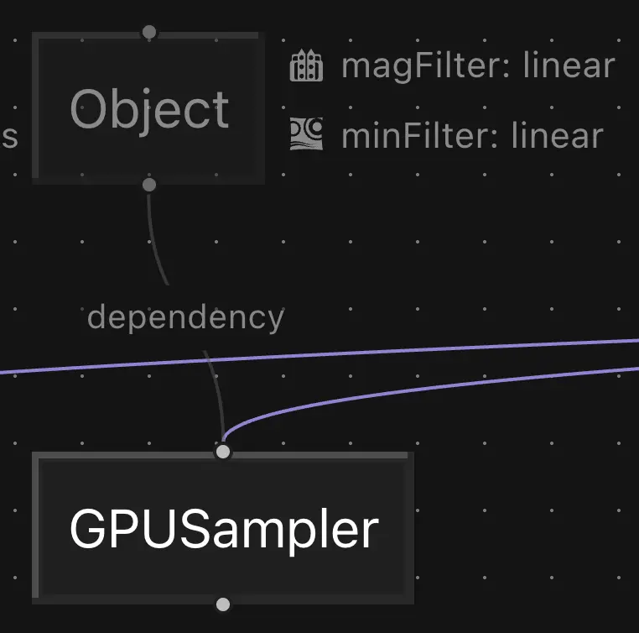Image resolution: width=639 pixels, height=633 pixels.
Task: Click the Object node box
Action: [148, 107]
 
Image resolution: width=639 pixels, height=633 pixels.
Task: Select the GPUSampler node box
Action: [222, 528]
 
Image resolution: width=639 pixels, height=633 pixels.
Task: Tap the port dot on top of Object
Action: [149, 33]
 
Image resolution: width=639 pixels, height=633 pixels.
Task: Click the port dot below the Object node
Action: [148, 185]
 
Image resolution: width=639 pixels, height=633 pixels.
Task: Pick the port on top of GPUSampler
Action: [222, 452]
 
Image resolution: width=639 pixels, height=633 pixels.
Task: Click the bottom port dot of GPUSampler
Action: [222, 604]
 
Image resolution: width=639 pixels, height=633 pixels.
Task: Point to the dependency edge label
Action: [185, 318]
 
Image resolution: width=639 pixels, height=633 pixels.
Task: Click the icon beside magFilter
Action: [306, 65]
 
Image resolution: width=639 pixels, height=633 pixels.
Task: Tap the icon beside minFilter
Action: [306, 134]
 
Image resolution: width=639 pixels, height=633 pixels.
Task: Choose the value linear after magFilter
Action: [569, 65]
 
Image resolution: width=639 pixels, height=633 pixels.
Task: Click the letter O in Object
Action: [89, 109]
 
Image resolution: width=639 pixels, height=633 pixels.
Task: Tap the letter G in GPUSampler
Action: [87, 530]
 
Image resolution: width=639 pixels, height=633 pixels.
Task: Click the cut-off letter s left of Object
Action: [9, 137]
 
